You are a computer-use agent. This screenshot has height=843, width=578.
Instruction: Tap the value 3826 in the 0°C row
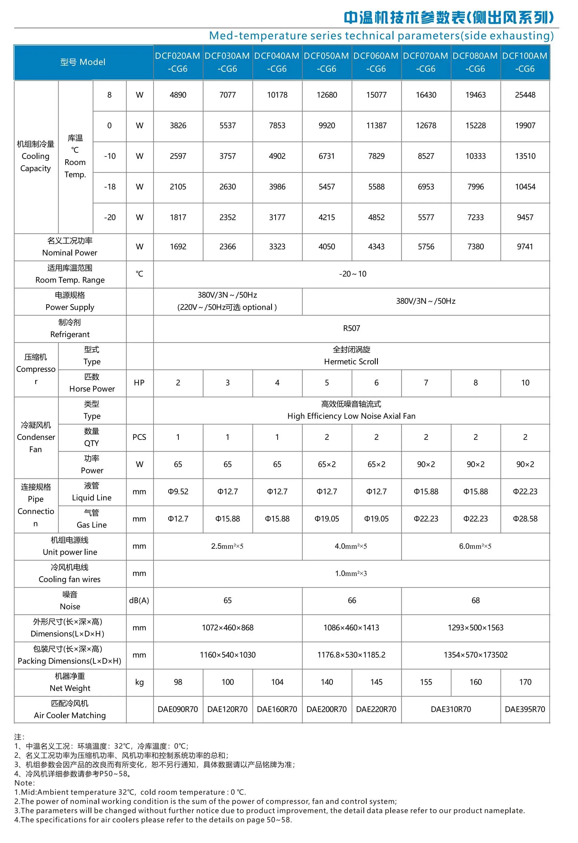[x=178, y=125]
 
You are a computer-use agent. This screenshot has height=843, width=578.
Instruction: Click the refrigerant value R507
[x=351, y=328]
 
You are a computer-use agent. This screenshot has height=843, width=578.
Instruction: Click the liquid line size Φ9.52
[x=178, y=491]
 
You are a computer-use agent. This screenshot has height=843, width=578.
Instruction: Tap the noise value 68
[x=475, y=600]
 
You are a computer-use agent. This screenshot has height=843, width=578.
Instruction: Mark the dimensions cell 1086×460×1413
[x=351, y=628]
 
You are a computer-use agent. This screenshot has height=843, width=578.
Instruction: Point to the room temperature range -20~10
[x=353, y=274]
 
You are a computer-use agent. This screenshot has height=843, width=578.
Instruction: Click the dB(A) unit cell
[x=139, y=600]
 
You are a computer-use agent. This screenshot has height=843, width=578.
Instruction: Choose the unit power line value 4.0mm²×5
[x=351, y=546]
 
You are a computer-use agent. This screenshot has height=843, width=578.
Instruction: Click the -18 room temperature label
[x=110, y=187]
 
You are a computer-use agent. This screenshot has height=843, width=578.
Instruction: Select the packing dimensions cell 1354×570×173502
[x=475, y=655]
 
